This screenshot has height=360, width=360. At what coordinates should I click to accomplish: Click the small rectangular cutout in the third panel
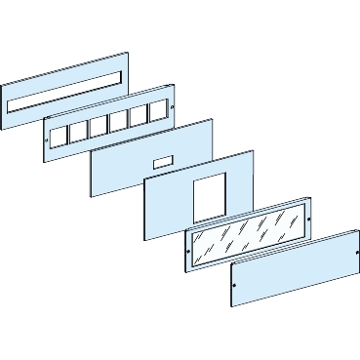pos(163,157)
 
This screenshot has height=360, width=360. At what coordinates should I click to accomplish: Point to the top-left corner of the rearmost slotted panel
pos(3,81)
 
